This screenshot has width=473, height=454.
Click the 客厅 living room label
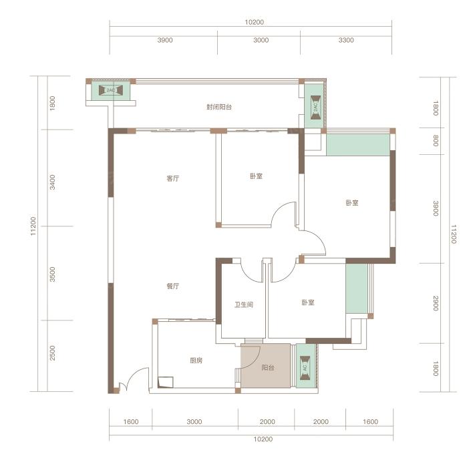click(173, 178)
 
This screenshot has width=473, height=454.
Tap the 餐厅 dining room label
click(173, 286)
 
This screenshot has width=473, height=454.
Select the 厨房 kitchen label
click(196, 361)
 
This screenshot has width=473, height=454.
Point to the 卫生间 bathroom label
click(244, 304)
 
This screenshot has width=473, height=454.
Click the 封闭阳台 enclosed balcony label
click(219, 107)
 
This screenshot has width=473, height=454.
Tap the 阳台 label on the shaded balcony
click(268, 368)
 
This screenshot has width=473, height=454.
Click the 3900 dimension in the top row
click(165, 40)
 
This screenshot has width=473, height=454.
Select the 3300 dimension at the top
click(346, 40)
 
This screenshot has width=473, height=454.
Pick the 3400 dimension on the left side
click(53, 182)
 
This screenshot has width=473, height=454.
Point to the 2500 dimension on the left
click(53, 353)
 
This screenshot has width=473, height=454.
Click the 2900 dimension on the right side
click(436, 303)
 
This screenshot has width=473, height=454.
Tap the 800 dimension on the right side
click(436, 141)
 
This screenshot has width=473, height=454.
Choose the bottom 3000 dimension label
click(194, 422)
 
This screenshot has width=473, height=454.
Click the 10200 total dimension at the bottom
click(263, 439)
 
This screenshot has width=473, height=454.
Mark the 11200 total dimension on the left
click(33, 226)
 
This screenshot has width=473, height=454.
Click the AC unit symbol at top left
click(111, 90)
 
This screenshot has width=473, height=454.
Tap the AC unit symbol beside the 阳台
click(305, 368)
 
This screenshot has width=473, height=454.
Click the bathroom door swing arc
click(249, 275)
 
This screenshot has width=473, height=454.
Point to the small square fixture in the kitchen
click(166, 382)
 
